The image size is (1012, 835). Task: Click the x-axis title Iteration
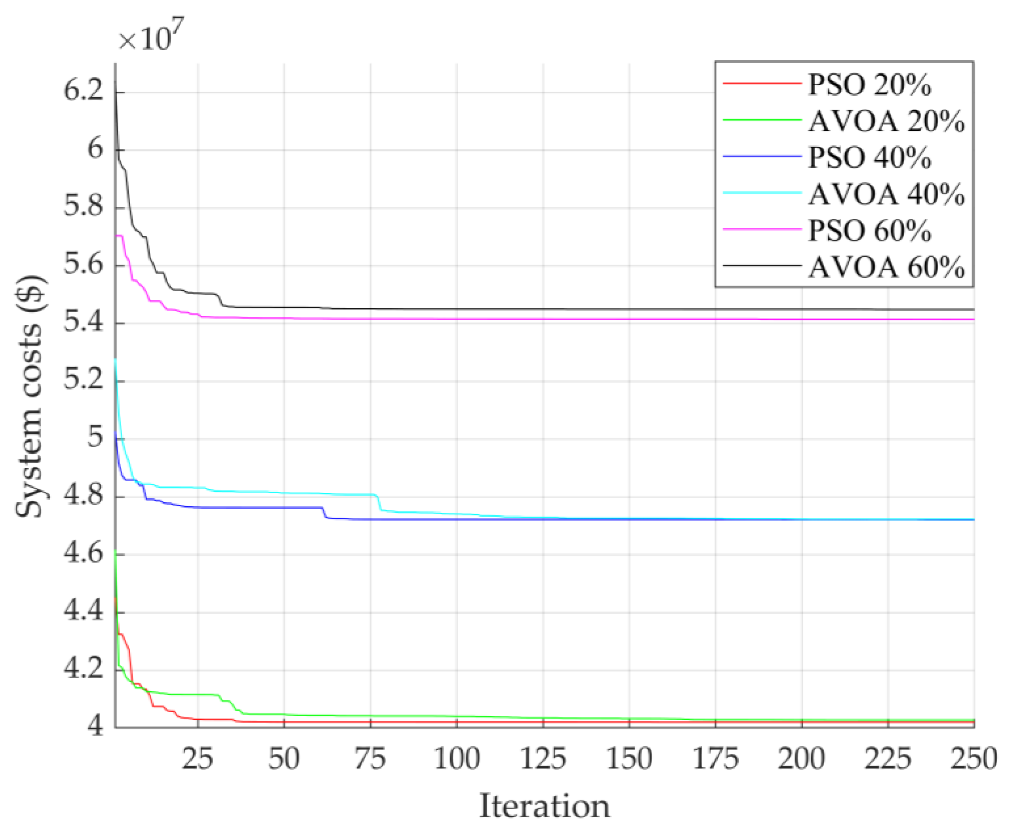point(544,806)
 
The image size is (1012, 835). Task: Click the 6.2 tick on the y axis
point(84,91)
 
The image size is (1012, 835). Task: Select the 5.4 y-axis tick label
point(84,322)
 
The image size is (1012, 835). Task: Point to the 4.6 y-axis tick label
point(84,554)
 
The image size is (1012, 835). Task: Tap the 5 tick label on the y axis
point(95,438)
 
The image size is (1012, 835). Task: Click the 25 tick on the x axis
point(197,759)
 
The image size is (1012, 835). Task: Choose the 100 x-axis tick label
point(456,759)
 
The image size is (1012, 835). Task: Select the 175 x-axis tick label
point(716,759)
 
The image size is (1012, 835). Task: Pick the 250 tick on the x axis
point(974,759)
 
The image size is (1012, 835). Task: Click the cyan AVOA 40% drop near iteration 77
point(379,503)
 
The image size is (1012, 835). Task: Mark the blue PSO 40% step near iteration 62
point(324,513)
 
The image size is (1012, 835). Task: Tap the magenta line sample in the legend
point(762,229)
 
